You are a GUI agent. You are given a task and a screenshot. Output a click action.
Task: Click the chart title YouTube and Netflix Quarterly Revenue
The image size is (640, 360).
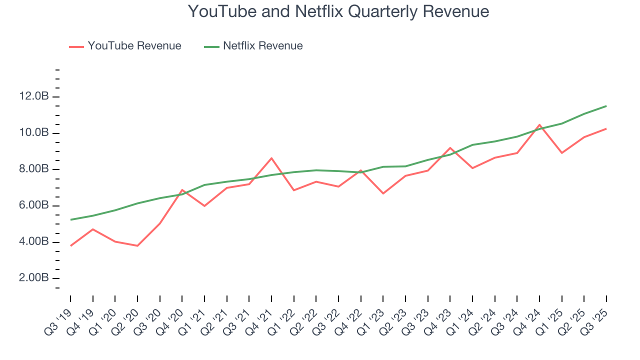(x=338, y=11)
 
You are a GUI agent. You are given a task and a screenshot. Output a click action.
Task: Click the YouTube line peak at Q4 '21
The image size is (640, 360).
(x=271, y=158)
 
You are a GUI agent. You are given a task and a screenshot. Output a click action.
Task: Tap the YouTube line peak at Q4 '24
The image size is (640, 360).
(x=539, y=125)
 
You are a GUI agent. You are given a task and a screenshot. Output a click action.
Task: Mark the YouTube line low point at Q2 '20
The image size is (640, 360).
(x=137, y=245)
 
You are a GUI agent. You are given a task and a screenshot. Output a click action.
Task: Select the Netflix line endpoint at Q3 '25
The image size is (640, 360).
(x=606, y=106)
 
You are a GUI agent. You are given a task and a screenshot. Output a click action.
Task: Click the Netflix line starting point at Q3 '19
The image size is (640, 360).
(x=70, y=219)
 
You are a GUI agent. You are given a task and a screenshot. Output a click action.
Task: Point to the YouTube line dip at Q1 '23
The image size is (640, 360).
(x=383, y=193)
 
